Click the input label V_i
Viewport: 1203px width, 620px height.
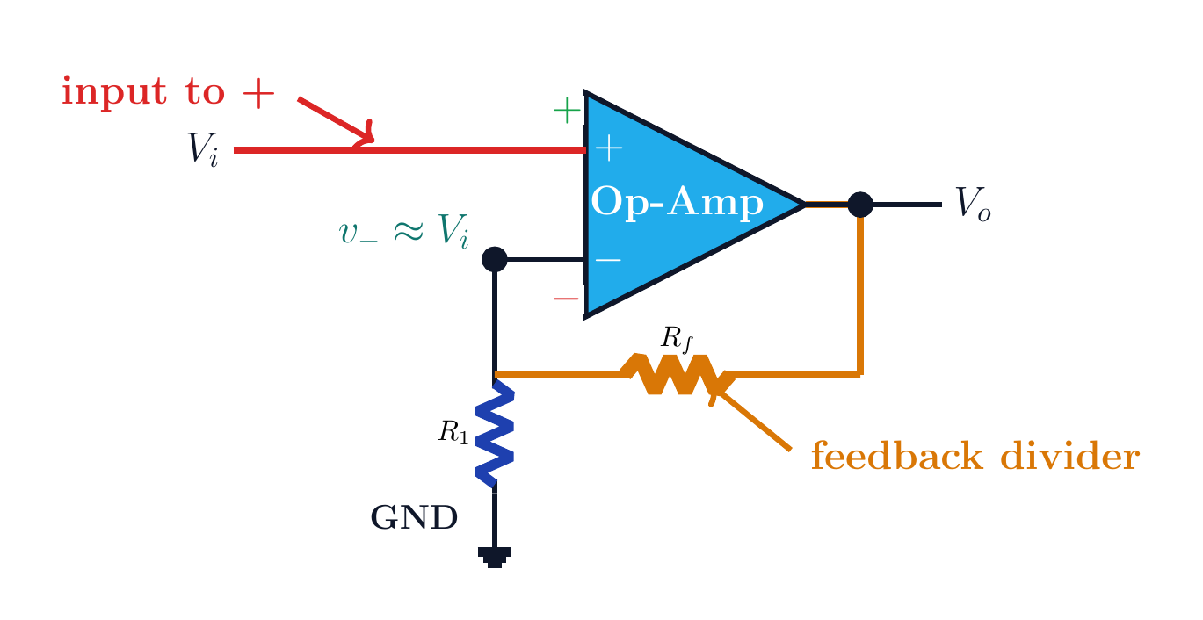pos(202,149)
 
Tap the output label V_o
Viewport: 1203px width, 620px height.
pos(973,204)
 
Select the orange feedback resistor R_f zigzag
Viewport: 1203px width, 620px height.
pos(678,375)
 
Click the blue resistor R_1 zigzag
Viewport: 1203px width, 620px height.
pos(495,433)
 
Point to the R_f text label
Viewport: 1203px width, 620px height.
pos(677,339)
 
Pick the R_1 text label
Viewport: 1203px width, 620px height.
pos(453,432)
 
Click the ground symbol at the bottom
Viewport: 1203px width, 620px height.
pos(495,557)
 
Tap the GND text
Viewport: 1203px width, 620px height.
pos(414,517)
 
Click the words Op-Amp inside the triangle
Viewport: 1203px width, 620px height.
pos(677,202)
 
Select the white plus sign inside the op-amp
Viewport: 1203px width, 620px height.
pos(609,148)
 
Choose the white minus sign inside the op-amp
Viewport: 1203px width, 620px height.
pos(608,260)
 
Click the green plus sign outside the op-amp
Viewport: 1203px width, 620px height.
pos(567,111)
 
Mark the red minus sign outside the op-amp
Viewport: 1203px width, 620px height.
pos(566,299)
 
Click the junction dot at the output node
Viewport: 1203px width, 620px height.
pos(860,205)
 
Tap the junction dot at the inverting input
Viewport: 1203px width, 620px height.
pos(495,260)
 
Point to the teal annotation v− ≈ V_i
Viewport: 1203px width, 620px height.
pos(404,231)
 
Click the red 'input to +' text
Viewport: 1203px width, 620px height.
pos(168,92)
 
